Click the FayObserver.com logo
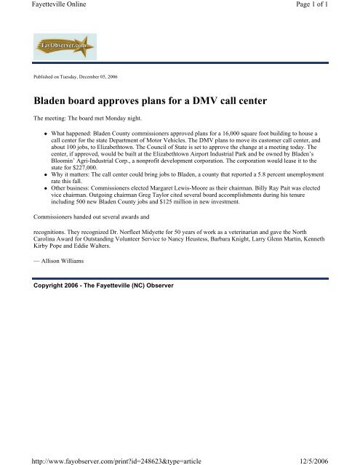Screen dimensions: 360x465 60,48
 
